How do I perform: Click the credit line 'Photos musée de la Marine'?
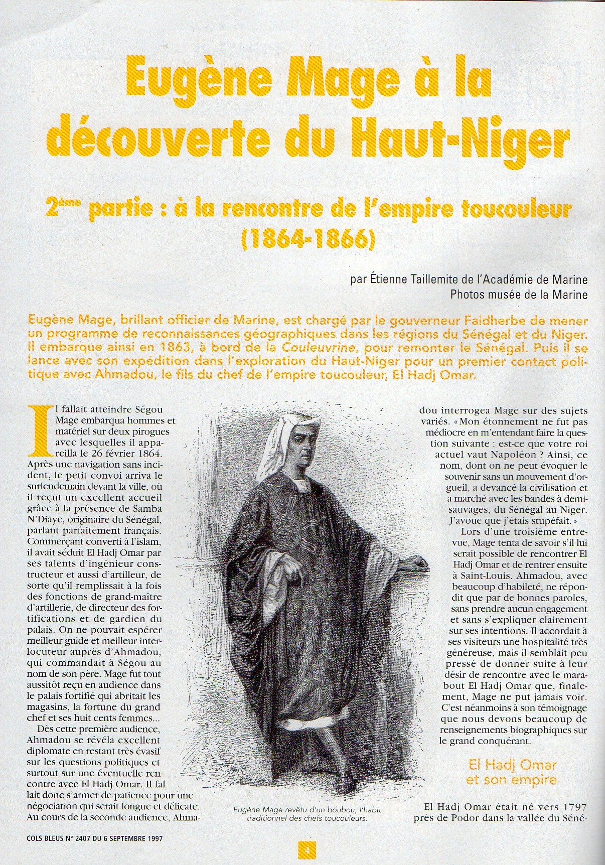tap(519, 295)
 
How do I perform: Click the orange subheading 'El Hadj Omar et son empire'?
tap(512, 772)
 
